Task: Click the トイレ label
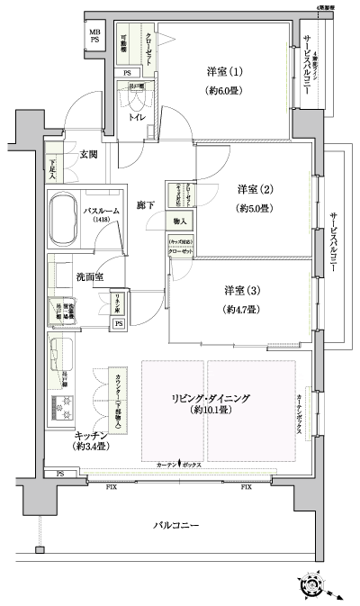pos(139,117)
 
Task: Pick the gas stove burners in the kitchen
pos(62,407)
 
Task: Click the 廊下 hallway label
pos(145,206)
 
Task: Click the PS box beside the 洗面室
pos(118,324)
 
